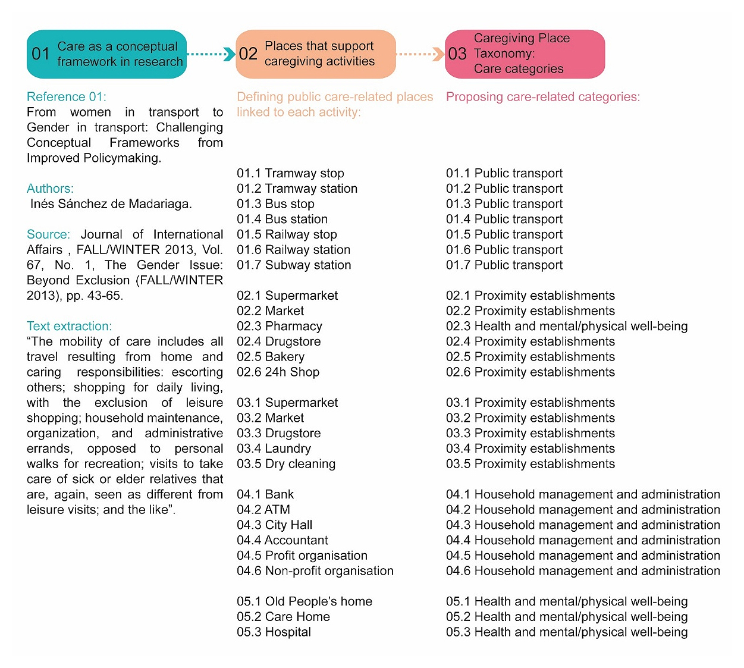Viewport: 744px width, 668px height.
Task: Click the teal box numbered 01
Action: (x=106, y=54)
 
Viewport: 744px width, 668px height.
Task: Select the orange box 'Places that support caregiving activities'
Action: (x=316, y=54)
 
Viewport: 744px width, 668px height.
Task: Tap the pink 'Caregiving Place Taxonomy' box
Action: (x=525, y=54)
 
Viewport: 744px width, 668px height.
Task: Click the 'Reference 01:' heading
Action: (x=67, y=97)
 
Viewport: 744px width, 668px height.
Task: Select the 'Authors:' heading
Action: (x=50, y=189)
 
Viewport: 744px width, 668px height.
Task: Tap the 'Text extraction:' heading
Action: (x=69, y=326)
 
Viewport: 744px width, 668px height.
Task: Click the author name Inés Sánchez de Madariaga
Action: (x=111, y=204)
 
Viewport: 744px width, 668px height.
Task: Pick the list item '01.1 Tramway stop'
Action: (x=290, y=173)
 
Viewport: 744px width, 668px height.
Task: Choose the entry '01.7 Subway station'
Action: (x=294, y=265)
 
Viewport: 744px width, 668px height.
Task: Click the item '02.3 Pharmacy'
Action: (x=280, y=326)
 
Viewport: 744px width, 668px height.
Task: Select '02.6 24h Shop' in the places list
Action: (x=278, y=372)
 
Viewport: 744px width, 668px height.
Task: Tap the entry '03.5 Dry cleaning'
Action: (x=286, y=463)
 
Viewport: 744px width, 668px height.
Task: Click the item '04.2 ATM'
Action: (x=263, y=509)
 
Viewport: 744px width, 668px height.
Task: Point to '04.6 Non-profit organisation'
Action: (x=315, y=570)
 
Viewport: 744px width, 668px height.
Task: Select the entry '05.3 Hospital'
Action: (x=274, y=632)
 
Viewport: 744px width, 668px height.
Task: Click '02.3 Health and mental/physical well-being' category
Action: (x=567, y=326)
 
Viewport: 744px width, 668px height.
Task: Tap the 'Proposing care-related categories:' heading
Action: (x=543, y=97)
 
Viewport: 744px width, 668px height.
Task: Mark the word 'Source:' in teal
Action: (x=48, y=234)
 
